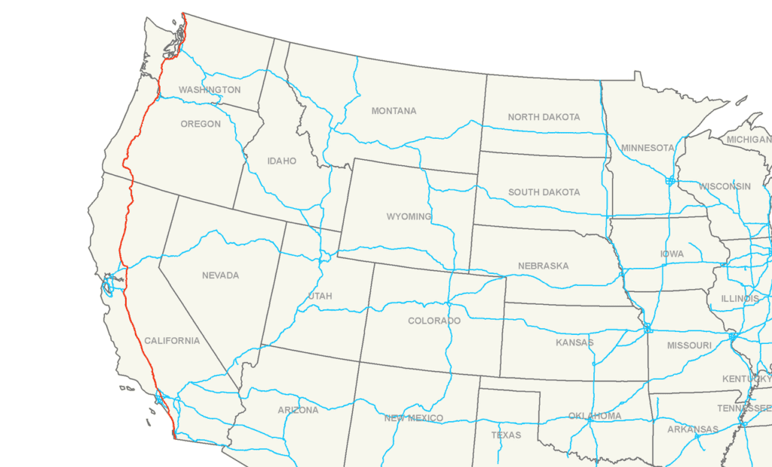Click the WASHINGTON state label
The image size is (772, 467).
210,90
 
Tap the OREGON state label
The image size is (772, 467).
201,124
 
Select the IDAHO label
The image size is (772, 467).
281,161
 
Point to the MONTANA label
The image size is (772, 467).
394,111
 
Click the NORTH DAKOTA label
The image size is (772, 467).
544,117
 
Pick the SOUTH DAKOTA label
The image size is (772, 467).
544,192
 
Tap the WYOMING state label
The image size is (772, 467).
409,217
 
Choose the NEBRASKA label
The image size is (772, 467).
543,266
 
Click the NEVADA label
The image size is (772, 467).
220,275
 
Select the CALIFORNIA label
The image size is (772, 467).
172,341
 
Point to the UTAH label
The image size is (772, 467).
320,296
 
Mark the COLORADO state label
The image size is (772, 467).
433,321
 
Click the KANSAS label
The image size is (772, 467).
574,343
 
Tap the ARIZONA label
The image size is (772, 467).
298,410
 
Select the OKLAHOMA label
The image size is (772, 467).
595,416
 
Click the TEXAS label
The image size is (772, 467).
506,435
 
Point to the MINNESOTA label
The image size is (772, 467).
647,148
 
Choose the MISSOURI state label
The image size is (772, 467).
689,346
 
